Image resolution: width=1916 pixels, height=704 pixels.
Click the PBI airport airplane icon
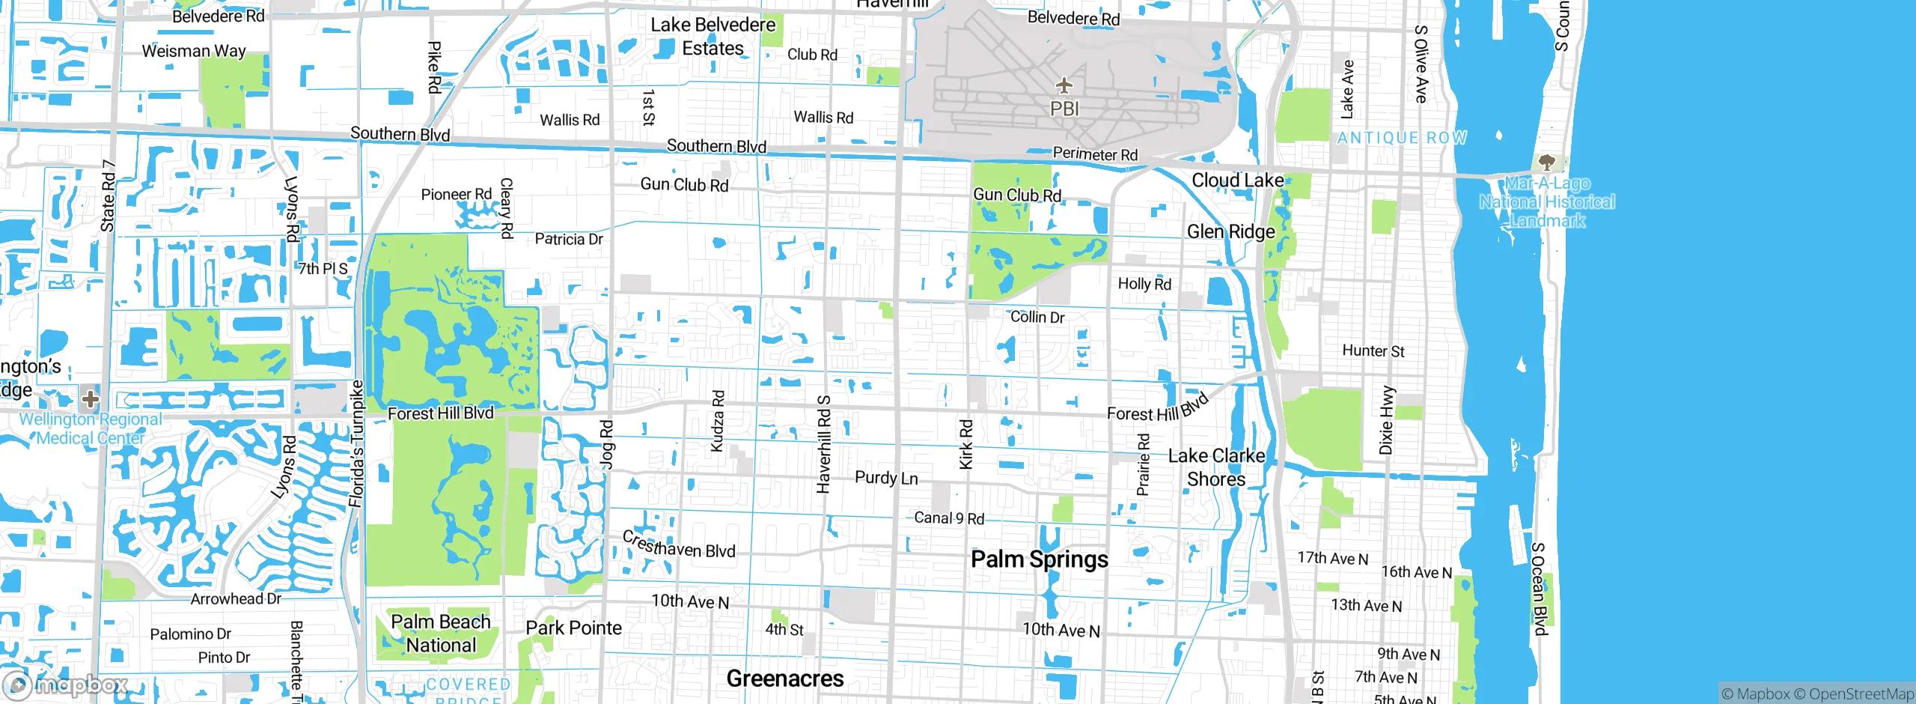pos(1064,85)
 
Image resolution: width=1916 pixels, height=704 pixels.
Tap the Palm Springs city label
pos(1039,559)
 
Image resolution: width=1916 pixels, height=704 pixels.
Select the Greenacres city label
pos(784,679)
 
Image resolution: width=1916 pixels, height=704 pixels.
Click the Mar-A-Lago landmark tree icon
pos(1546,162)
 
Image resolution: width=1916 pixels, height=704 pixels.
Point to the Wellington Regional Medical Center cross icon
pos(91,398)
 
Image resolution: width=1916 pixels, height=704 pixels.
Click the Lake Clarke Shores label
pos(1216,467)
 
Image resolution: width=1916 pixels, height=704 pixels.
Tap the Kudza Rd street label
pos(717,421)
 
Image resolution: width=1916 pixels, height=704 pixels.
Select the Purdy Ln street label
pos(886,478)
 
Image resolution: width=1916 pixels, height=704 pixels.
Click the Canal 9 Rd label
pos(949,518)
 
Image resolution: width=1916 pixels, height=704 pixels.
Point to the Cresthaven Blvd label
pos(678,546)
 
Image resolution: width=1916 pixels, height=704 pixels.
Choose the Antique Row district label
pos(1402,138)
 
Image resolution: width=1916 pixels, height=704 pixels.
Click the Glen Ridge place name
pos(1230,232)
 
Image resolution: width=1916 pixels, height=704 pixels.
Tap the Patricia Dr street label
pos(568,240)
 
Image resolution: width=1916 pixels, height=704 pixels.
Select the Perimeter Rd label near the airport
pos(1095,154)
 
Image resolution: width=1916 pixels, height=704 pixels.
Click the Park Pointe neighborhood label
pos(573,628)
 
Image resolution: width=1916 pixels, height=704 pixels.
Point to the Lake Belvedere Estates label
pos(713,37)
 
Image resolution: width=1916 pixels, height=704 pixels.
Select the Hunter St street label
pos(1373,351)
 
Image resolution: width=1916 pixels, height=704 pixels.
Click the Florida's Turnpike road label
pos(357,443)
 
